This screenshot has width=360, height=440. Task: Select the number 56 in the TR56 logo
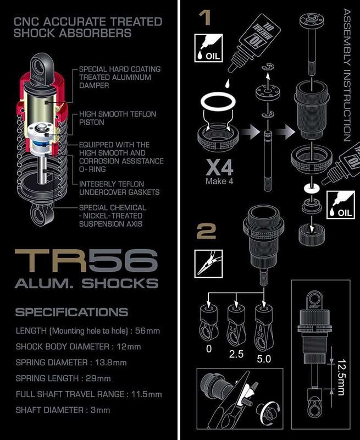123,262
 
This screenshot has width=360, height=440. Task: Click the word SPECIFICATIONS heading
71,312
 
